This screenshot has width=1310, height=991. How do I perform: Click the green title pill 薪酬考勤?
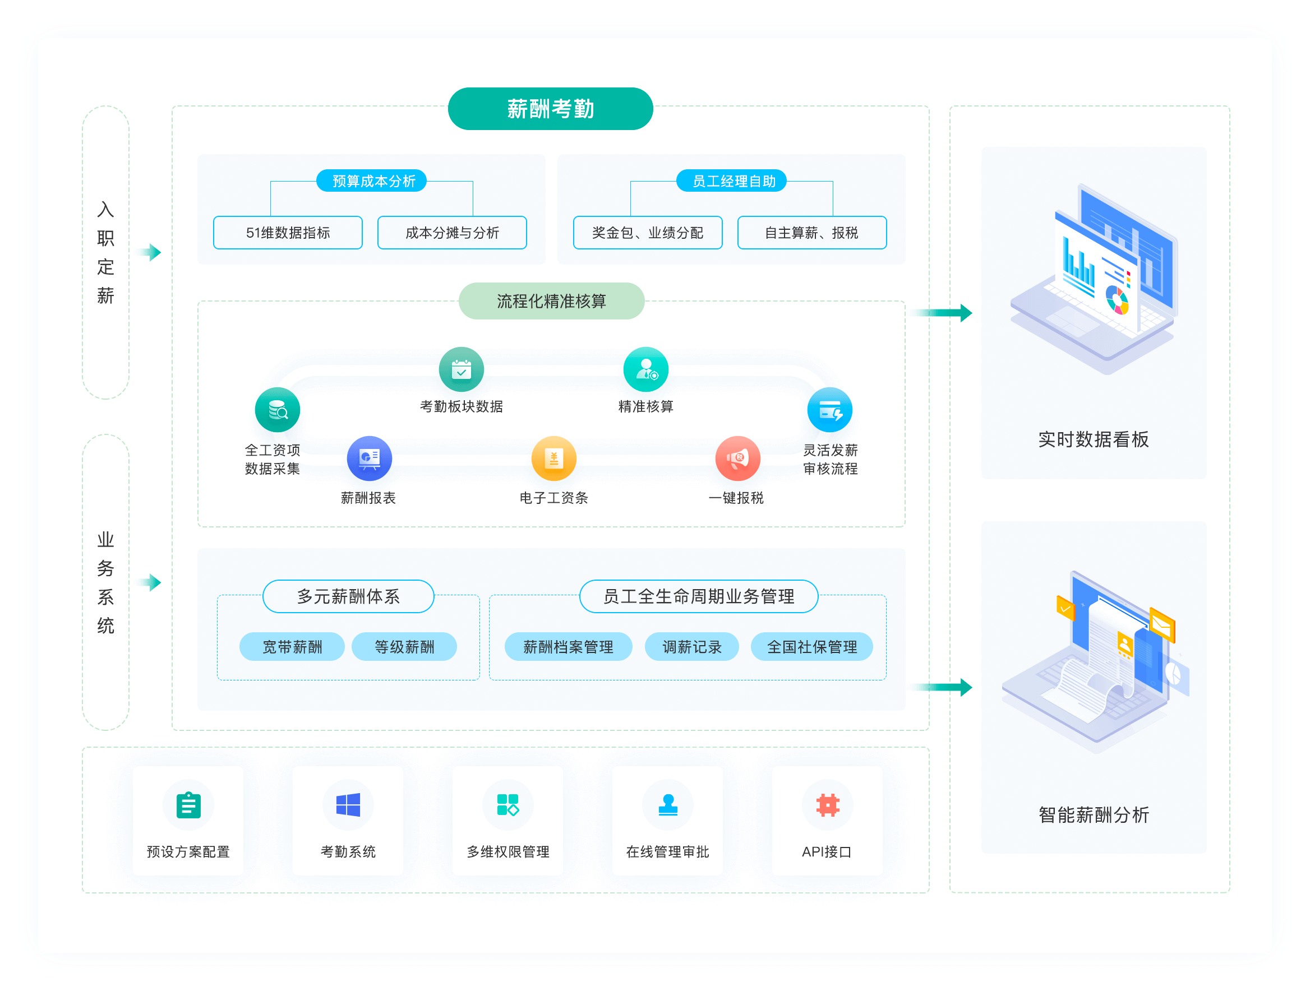tap(550, 109)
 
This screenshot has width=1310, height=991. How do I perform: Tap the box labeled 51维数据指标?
tap(288, 233)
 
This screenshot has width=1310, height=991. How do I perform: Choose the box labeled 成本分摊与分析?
tap(452, 233)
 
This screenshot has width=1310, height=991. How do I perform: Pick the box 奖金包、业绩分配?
tap(647, 233)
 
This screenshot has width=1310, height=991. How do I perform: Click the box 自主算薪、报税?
tap(811, 233)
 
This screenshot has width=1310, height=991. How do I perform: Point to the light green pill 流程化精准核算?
tap(551, 302)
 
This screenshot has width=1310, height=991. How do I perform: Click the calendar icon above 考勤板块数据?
tap(462, 369)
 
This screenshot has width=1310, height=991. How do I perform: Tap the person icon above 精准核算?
tap(646, 369)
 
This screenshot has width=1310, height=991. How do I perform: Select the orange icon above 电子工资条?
tap(553, 458)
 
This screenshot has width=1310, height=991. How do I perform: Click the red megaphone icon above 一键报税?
tap(737, 458)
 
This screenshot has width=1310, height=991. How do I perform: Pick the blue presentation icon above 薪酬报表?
tap(370, 458)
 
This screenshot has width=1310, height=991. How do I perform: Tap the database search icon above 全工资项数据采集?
tap(277, 410)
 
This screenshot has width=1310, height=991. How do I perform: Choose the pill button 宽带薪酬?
tap(292, 646)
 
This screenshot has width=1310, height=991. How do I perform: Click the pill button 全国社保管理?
tap(812, 646)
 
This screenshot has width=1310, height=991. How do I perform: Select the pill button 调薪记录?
tap(691, 646)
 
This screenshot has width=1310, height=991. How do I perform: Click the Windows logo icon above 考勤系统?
tap(348, 805)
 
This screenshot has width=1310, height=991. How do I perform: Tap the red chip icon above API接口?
tap(827, 805)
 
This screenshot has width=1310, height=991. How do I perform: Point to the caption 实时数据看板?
tap(1093, 439)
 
